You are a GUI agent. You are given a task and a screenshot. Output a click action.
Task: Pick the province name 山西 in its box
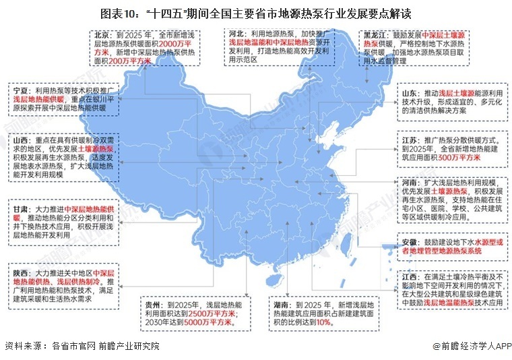click(x=21, y=140)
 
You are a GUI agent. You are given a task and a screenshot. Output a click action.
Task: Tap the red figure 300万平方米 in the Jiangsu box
click(x=463, y=158)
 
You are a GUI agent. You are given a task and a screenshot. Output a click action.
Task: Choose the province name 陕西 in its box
click(x=21, y=272)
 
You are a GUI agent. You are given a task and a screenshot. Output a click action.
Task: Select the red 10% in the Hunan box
click(x=323, y=322)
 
